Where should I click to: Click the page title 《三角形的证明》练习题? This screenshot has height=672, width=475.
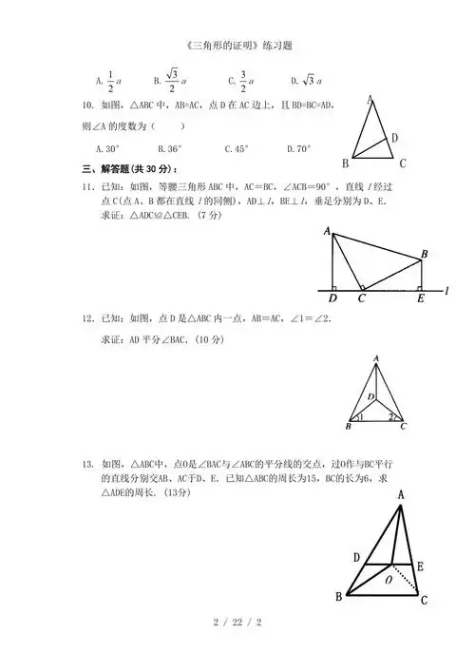click(237, 45)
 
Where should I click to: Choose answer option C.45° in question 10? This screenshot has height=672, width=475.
click(236, 148)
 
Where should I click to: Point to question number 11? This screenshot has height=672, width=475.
click(86, 187)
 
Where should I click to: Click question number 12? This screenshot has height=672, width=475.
click(86, 319)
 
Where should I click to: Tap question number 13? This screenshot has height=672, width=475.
click(86, 464)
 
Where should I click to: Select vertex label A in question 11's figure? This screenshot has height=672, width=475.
click(326, 231)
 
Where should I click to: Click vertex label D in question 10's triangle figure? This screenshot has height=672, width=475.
click(394, 138)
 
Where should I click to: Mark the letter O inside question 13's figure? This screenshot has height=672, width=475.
click(388, 578)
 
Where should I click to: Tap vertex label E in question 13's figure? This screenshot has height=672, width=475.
click(420, 566)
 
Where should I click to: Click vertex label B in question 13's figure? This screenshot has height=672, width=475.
click(339, 597)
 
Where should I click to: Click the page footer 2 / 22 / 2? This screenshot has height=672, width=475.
click(237, 624)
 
